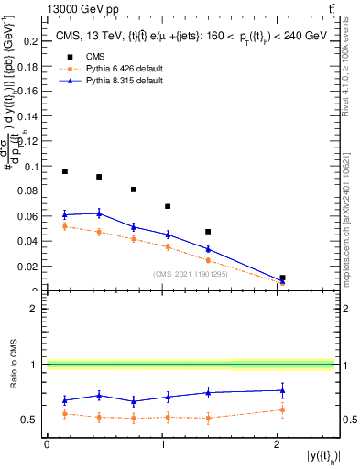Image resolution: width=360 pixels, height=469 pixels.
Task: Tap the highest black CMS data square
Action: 64,171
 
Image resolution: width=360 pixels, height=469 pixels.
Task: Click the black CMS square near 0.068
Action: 168,206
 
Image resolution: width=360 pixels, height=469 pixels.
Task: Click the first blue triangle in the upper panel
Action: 64,214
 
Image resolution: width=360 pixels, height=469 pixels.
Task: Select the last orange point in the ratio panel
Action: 282,409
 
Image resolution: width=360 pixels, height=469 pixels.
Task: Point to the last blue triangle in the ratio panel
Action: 282,390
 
